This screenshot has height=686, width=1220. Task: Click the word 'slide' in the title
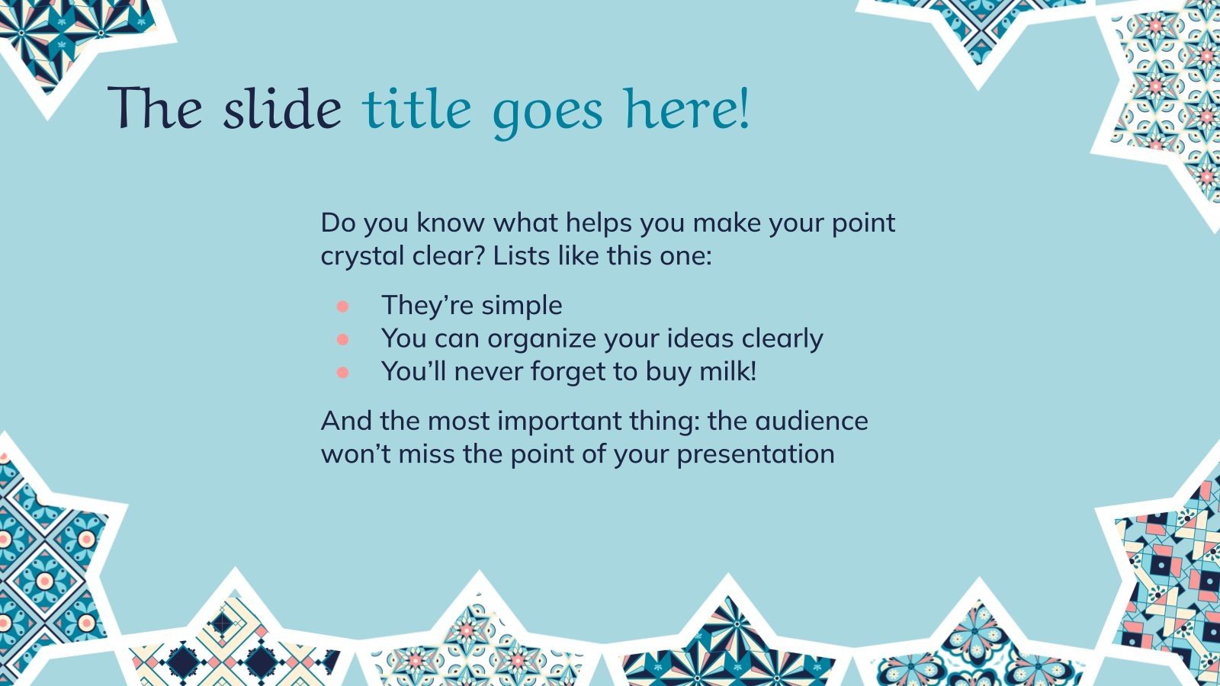tap(282, 109)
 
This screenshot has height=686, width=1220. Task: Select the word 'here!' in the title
tap(687, 109)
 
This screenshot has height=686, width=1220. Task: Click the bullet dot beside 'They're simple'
tap(342, 306)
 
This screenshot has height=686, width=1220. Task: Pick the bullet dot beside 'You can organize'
tap(342, 339)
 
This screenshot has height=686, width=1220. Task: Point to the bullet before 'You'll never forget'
tap(342, 373)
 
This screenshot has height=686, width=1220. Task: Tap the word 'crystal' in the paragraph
tap(363, 256)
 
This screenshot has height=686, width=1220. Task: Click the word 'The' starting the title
tap(155, 109)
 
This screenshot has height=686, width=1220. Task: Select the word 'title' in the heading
tap(417, 109)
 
